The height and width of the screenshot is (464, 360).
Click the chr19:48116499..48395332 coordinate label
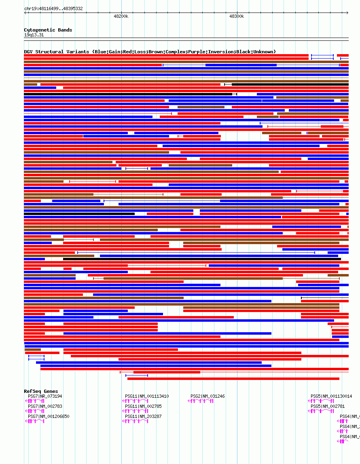tap(53, 8)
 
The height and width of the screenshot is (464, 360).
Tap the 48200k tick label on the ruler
tap(121, 17)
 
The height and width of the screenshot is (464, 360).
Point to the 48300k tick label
tap(237, 17)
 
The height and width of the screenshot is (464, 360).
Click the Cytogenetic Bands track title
tap(48, 30)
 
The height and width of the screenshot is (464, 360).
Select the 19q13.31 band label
tap(34, 35)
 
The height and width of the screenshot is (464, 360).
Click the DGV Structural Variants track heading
tap(150, 52)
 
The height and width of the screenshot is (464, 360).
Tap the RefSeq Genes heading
tap(41, 391)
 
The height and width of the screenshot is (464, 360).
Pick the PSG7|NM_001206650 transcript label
tap(49, 416)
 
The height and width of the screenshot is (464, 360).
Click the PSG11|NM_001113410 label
tap(147, 396)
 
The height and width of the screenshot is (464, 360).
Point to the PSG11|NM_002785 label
tap(143, 406)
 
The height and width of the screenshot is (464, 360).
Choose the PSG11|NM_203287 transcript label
tap(143, 416)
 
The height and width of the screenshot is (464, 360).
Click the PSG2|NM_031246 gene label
tap(208, 396)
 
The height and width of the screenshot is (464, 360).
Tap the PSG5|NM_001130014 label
tap(331, 396)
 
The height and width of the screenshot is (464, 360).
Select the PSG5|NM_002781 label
tap(328, 406)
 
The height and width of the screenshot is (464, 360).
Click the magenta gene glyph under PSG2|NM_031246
tap(201, 401)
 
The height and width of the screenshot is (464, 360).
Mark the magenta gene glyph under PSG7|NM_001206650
tap(35, 421)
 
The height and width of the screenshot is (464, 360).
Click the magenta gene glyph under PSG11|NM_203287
tap(135, 421)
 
